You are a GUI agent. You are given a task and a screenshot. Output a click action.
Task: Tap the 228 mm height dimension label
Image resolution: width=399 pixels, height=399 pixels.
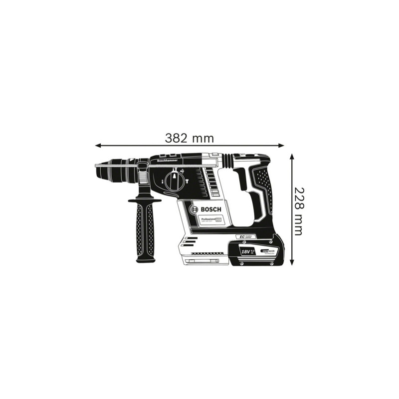click(x=298, y=211)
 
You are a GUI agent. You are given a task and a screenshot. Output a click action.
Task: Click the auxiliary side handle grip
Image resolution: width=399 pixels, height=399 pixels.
click(x=145, y=229)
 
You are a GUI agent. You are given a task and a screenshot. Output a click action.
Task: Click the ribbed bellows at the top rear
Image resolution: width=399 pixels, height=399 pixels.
click(x=227, y=160)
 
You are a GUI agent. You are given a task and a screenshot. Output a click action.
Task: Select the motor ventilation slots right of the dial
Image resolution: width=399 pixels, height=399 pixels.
click(x=209, y=182)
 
